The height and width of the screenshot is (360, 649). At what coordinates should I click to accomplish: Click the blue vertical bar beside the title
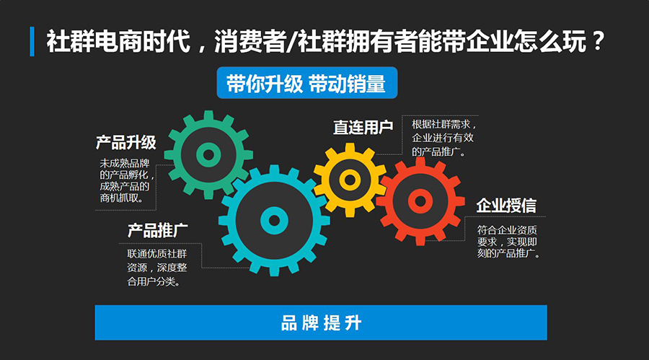point(32,41)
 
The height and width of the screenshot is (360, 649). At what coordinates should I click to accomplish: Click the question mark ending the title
point(598,41)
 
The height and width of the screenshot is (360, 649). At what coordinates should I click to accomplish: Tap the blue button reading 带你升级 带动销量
point(306,83)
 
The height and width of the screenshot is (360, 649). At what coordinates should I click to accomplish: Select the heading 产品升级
point(125,143)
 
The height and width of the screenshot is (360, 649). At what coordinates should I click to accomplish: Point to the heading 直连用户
point(363,127)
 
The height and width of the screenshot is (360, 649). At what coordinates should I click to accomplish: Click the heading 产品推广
point(157,230)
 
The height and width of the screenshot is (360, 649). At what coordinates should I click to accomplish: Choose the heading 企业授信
point(506,206)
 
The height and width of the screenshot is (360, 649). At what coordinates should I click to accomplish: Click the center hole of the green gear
point(208,155)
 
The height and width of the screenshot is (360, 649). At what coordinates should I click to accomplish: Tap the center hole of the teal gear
point(274,220)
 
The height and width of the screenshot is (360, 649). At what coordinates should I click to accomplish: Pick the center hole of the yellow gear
point(350,180)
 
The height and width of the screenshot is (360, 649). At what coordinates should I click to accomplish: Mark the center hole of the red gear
point(420,202)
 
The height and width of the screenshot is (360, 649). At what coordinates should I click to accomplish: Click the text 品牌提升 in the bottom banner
point(321,322)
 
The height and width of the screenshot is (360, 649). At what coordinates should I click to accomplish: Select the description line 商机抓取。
point(122,198)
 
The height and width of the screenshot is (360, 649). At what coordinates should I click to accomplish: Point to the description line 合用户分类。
point(154,281)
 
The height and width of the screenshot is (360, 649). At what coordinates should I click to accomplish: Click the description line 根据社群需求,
point(443,124)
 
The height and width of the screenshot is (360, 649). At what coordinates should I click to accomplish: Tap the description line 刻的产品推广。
point(508,253)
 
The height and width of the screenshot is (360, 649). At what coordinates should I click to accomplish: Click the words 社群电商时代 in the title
point(118,41)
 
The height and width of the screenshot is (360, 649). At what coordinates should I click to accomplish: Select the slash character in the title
point(292,42)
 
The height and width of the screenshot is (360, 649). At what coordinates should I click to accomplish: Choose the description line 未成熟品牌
point(125,163)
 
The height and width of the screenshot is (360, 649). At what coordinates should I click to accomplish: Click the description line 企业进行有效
point(443,138)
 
